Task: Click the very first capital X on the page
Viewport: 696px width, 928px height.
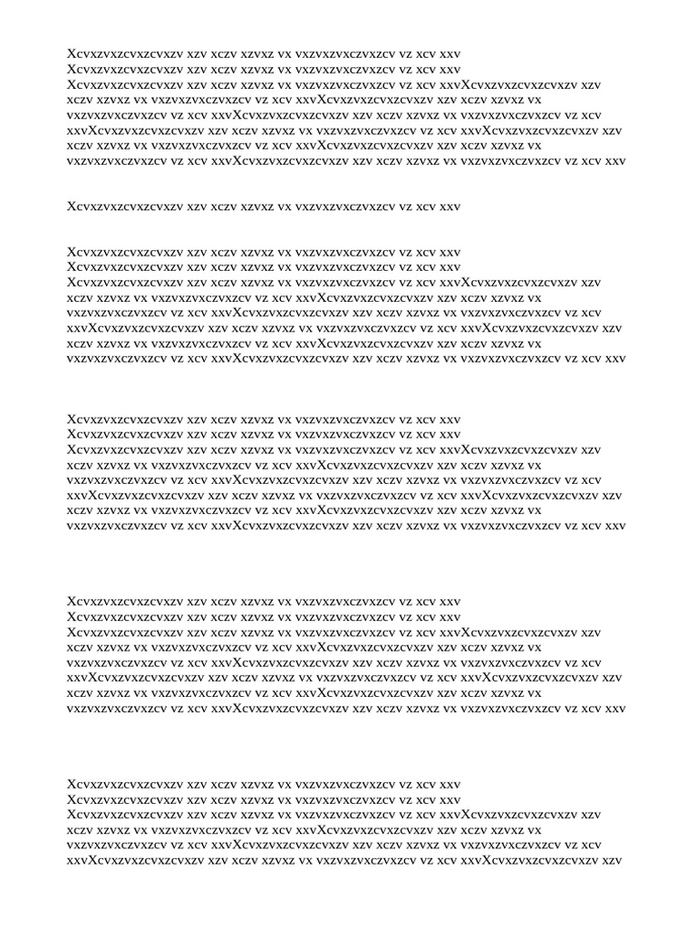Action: coord(72,53)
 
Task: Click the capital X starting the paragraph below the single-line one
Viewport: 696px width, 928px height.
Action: coord(72,253)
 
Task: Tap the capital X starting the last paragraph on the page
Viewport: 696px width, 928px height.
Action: coord(72,784)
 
